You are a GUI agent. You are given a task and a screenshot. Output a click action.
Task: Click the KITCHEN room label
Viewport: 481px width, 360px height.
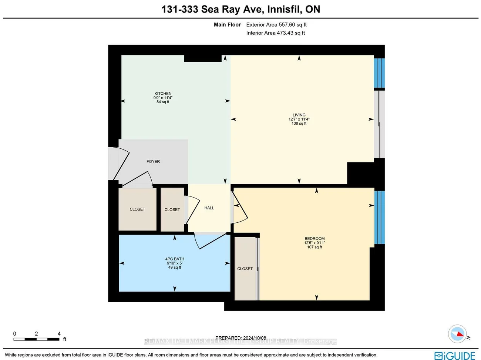pyautogui.click(x=163, y=94)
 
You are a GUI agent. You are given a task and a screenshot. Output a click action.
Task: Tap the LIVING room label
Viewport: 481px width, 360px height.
pyautogui.click(x=299, y=115)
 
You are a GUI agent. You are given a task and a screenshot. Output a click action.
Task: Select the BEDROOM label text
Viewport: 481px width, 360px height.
pyautogui.click(x=314, y=239)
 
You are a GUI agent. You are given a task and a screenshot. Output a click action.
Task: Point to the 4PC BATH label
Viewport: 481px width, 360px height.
pyautogui.click(x=175, y=259)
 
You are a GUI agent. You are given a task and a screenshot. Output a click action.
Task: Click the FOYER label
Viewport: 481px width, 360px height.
pyautogui.click(x=153, y=161)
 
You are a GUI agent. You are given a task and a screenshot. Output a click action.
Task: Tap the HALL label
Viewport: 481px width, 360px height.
pyautogui.click(x=209, y=208)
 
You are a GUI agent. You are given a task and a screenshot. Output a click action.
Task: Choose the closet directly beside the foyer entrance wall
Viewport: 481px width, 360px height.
pyautogui.click(x=137, y=209)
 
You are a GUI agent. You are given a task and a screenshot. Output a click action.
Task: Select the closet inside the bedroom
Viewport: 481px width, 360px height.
pyautogui.click(x=245, y=269)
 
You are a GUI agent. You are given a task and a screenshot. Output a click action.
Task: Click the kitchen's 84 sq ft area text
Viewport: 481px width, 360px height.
pyautogui.click(x=163, y=102)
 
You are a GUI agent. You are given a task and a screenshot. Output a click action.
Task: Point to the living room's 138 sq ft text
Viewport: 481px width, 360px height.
pyautogui.click(x=299, y=124)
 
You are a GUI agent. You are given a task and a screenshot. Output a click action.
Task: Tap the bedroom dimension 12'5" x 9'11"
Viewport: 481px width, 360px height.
pyautogui.click(x=314, y=243)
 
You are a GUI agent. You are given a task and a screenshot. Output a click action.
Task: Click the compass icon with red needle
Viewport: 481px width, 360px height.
pyautogui.click(x=457, y=334)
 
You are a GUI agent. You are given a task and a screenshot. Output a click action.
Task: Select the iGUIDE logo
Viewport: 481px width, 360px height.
pyautogui.click(x=455, y=356)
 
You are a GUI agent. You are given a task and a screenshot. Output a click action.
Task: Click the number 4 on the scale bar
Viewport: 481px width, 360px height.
pyautogui.click(x=59, y=334)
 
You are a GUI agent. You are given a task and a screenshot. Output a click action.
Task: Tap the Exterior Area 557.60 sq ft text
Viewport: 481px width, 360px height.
pyautogui.click(x=276, y=25)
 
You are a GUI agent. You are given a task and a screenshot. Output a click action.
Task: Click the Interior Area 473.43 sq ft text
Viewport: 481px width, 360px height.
pyautogui.click(x=276, y=33)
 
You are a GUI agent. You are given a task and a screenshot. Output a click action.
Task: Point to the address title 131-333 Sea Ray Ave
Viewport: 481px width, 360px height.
pyautogui.click(x=240, y=9)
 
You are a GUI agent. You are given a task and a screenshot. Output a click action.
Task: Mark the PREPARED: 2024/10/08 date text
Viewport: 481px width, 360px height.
pyautogui.click(x=240, y=338)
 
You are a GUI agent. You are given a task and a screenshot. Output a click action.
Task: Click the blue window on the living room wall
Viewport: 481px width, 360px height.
pyautogui.click(x=379, y=73)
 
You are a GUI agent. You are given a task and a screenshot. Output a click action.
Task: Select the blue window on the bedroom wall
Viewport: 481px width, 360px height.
pyautogui.click(x=379, y=217)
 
